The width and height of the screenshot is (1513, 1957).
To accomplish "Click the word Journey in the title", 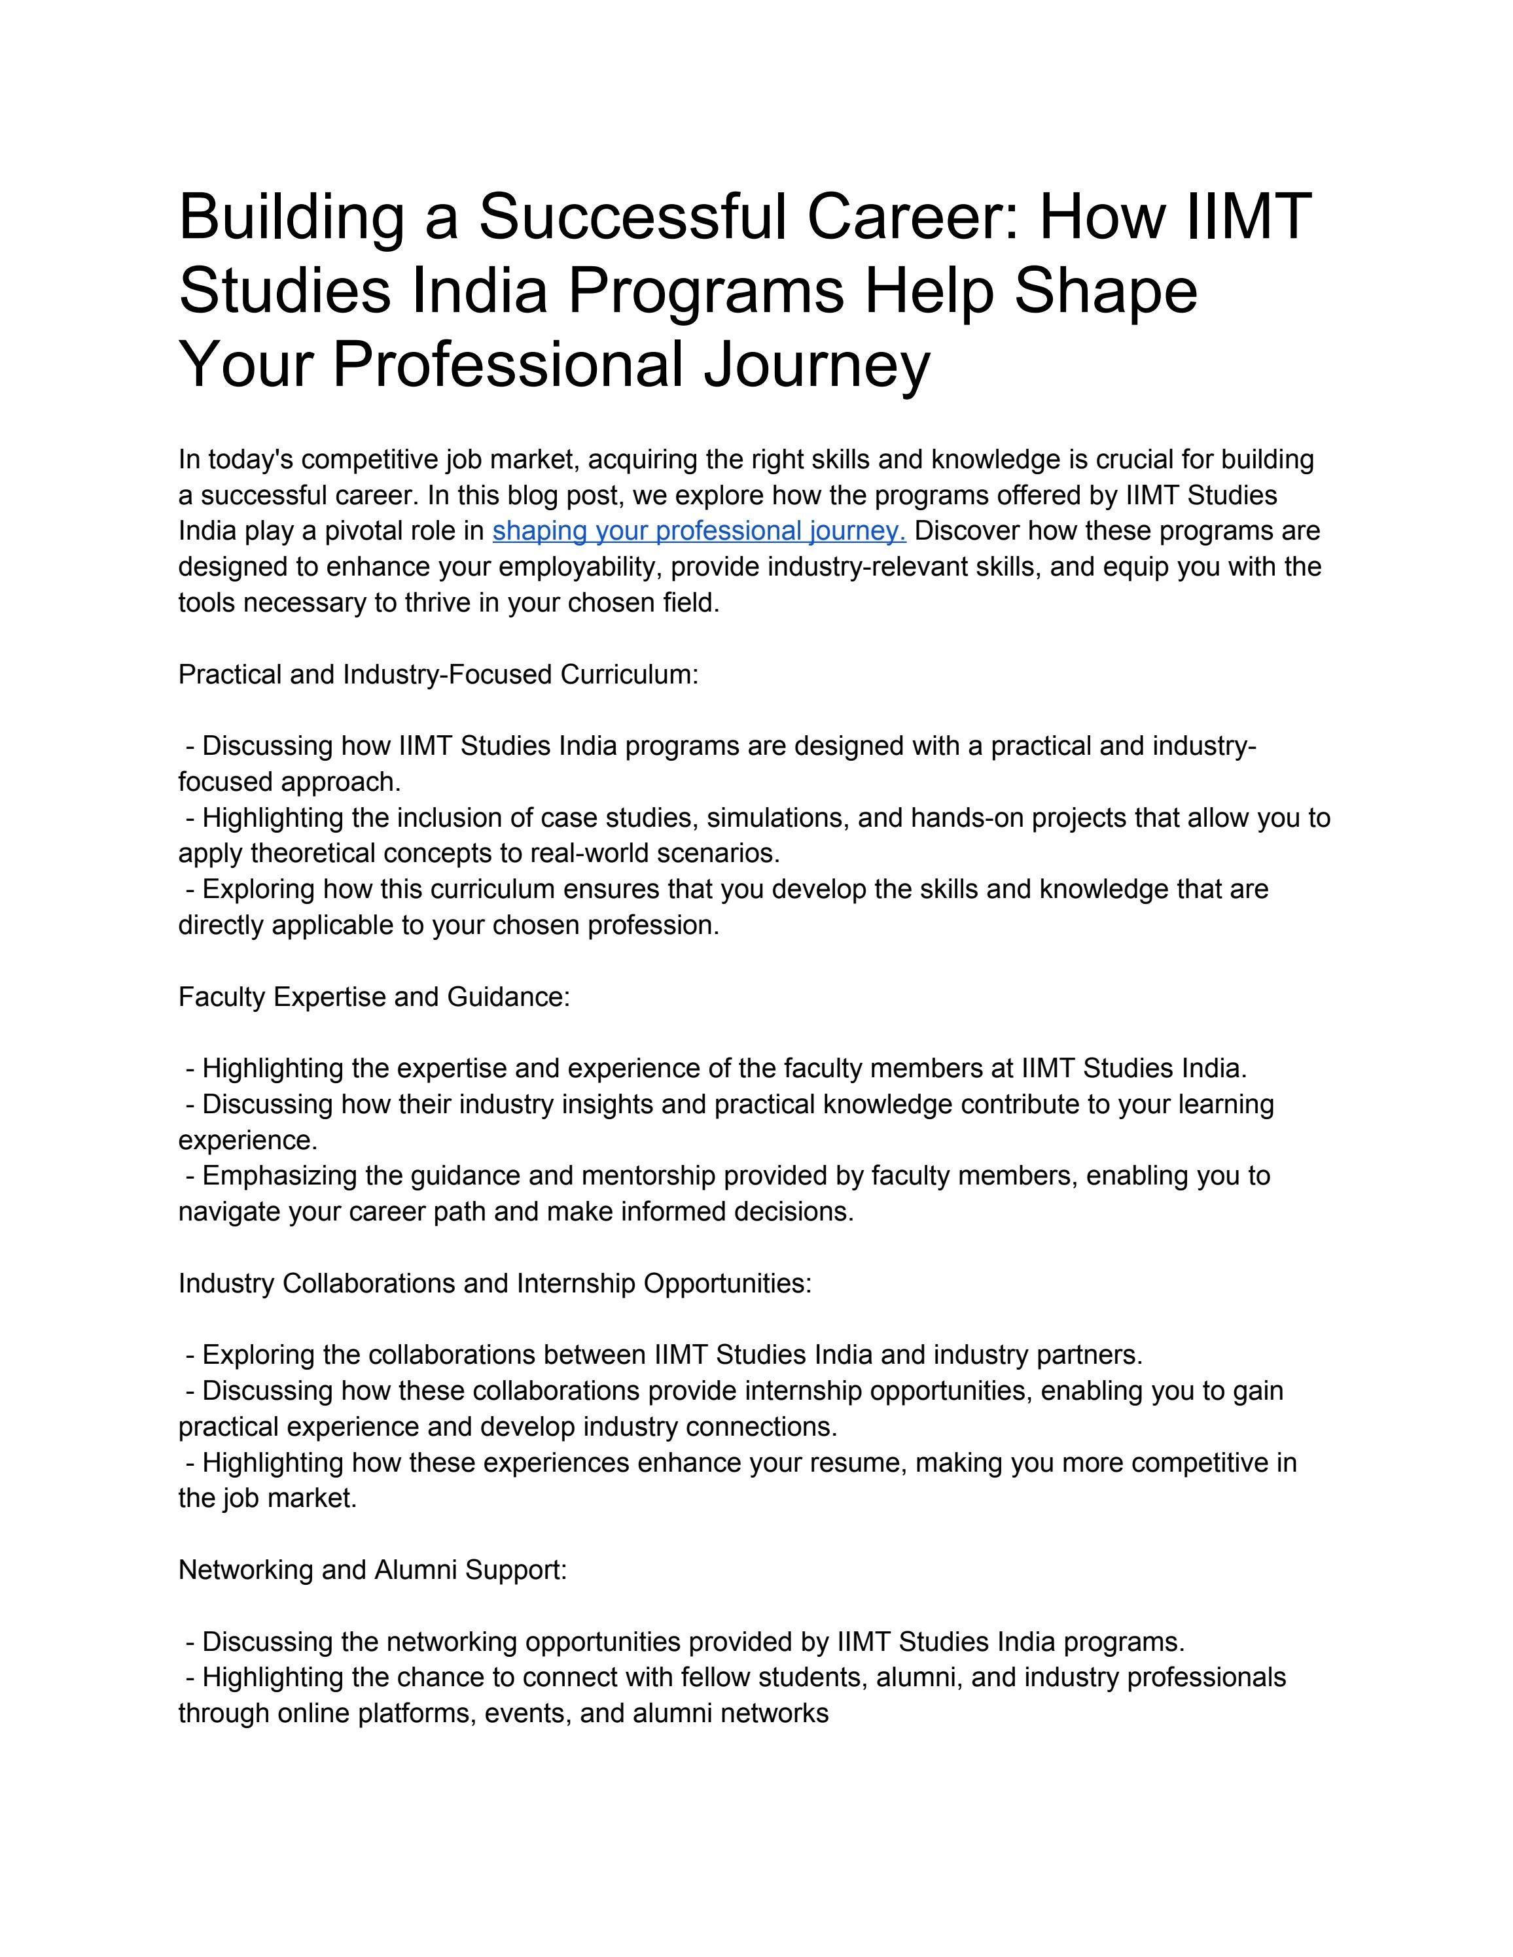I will tap(817, 365).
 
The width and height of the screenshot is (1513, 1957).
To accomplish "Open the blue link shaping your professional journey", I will tap(699, 531).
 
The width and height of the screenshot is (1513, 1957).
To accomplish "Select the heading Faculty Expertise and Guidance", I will tap(374, 997).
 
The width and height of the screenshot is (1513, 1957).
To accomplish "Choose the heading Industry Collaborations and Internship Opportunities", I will tap(495, 1283).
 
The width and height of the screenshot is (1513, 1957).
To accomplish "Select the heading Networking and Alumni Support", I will tap(373, 1570).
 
